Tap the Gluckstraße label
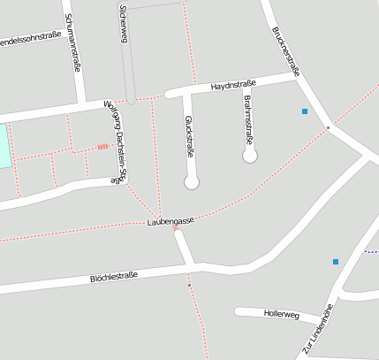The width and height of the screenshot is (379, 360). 188,136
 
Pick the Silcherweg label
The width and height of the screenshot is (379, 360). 123,23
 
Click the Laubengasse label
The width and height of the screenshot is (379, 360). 171,221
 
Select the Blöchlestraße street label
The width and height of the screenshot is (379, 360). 115,277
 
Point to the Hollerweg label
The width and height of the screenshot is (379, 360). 281,315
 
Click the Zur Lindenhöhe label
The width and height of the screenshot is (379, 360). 319,329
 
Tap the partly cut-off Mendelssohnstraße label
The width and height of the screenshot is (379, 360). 30,38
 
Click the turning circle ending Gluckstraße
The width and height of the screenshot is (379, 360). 192,182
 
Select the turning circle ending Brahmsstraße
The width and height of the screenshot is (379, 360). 250,157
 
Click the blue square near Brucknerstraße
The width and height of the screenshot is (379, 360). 305,111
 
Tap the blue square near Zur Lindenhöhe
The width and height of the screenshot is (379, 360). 336,262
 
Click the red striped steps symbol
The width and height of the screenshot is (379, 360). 102,147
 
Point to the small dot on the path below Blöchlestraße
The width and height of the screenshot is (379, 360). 189,286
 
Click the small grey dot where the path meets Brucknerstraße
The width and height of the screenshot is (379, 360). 327,128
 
